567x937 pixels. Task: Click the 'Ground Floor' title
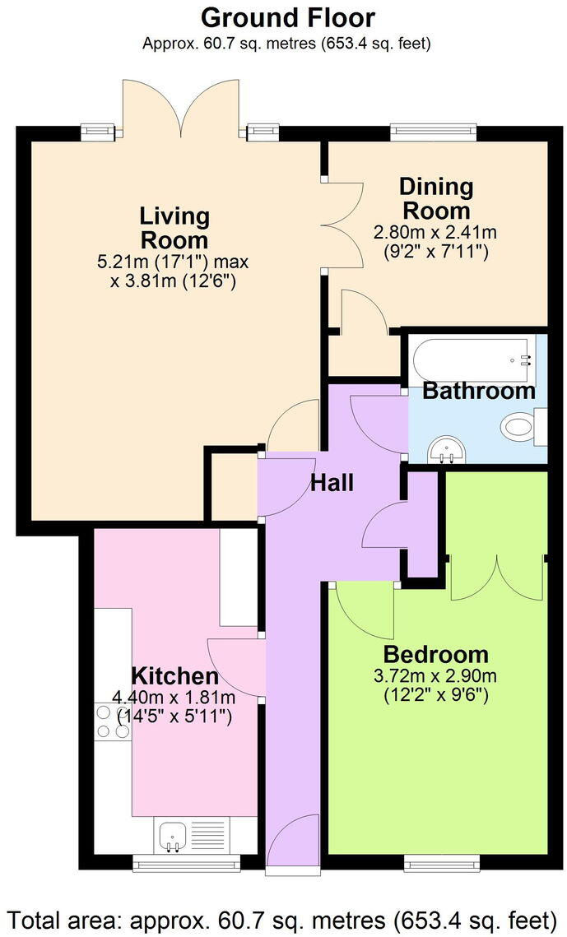pyautogui.click(x=287, y=17)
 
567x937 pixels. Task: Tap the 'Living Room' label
pyautogui.click(x=174, y=228)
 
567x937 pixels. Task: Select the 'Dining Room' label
pyautogui.click(x=435, y=198)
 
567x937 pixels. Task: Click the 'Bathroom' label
pyautogui.click(x=478, y=391)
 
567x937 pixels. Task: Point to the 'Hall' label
pyautogui.click(x=332, y=482)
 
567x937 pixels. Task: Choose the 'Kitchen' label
pyautogui.click(x=175, y=676)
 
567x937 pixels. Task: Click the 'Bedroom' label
pyautogui.click(x=435, y=655)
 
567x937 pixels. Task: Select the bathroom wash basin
pyautogui.click(x=448, y=449)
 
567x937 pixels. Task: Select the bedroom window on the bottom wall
pyautogui.click(x=441, y=862)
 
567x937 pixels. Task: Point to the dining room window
pyautogui.click(x=433, y=130)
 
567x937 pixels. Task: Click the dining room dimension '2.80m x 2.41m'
pyautogui.click(x=435, y=233)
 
